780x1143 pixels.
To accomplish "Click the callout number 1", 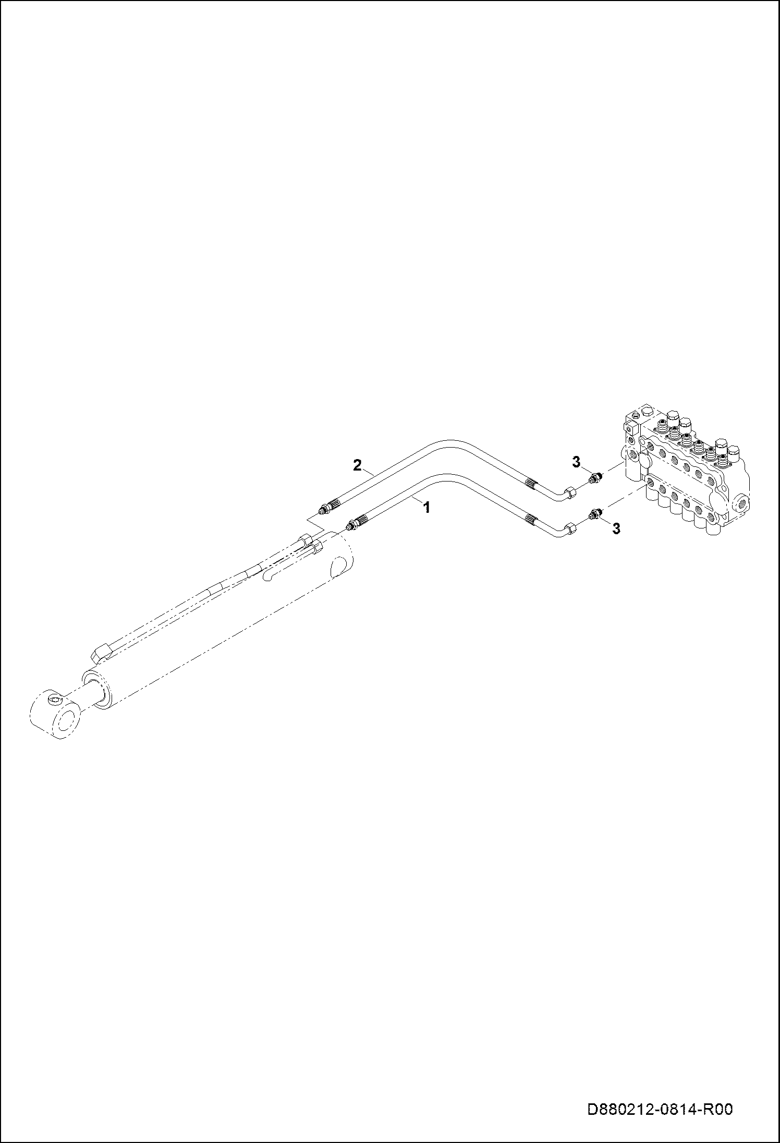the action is (x=426, y=507).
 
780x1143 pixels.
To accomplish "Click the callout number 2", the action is (x=357, y=465).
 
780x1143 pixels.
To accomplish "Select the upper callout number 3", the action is (x=576, y=461).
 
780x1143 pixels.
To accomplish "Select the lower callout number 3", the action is (x=616, y=529).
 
